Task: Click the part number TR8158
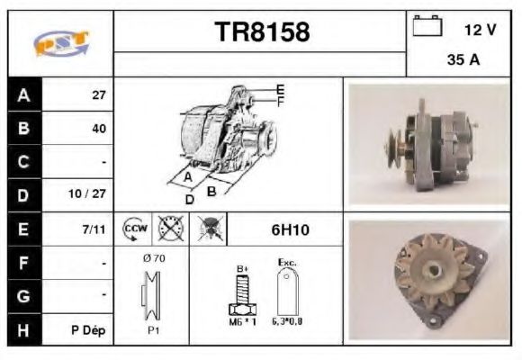(x=262, y=32)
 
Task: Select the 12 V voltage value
(x=479, y=30)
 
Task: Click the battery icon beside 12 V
(x=426, y=28)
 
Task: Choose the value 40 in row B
(x=98, y=129)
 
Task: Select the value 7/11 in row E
(x=94, y=229)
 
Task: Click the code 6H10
(x=290, y=229)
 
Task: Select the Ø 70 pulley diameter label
(x=152, y=258)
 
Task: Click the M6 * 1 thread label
(x=242, y=321)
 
